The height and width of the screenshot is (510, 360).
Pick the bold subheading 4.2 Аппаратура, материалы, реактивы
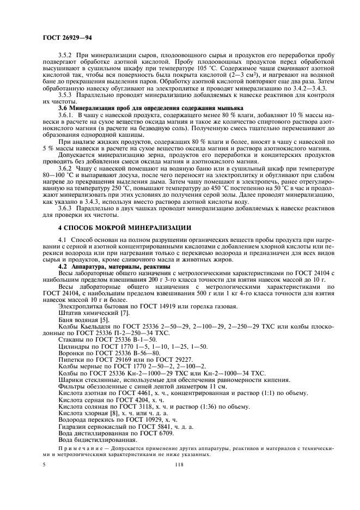115,266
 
